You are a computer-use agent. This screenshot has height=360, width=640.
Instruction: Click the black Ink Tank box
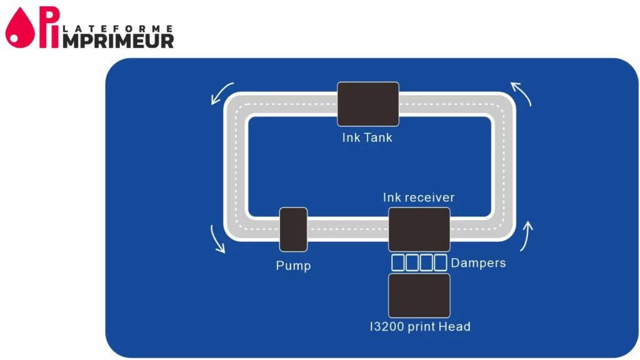click(367, 104)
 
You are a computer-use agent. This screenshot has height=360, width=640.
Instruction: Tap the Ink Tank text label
click(367, 137)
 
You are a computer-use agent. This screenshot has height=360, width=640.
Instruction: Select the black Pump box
click(293, 229)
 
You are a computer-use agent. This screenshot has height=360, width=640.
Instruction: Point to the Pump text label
click(293, 266)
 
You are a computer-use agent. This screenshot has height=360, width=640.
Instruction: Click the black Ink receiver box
click(419, 229)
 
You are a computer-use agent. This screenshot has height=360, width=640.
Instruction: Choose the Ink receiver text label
click(419, 197)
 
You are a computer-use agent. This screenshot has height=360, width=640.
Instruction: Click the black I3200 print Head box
click(419, 295)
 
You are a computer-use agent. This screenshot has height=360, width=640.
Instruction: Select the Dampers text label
click(478, 263)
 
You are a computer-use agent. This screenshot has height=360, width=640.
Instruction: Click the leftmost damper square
click(397, 262)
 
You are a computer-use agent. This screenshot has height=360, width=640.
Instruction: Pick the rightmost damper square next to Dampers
click(441, 262)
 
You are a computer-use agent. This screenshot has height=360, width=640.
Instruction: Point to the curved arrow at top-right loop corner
click(522, 94)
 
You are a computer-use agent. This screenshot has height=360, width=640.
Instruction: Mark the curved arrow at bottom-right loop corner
click(527, 236)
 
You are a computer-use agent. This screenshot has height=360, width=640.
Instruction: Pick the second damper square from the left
click(412, 262)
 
